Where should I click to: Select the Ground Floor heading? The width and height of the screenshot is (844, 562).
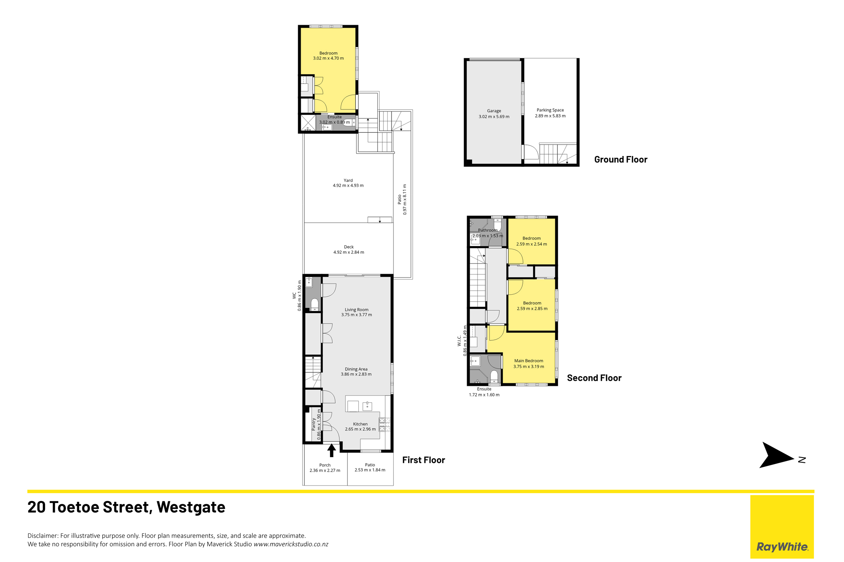pos(621,159)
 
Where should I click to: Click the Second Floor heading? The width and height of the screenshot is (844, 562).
pos(594,378)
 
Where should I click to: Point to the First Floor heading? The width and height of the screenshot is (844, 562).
pos(423,460)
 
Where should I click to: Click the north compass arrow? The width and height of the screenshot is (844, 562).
pos(776,455)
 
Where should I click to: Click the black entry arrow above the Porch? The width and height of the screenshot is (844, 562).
pos(332,450)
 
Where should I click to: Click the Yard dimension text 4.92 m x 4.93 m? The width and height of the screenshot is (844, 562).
pos(348,185)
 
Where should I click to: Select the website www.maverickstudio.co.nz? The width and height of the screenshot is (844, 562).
pos(291,544)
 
